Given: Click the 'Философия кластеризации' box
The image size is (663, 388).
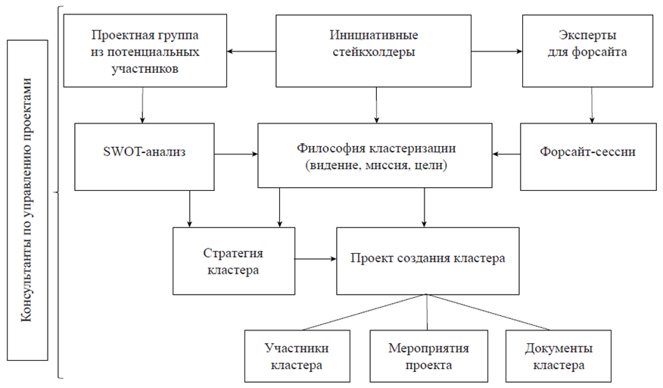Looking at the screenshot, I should [x=375, y=154].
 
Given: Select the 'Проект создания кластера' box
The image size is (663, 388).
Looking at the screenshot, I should [x=428, y=260].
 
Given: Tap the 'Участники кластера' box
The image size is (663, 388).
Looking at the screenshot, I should [x=297, y=355].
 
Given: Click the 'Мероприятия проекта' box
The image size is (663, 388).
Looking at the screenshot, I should [x=428, y=355].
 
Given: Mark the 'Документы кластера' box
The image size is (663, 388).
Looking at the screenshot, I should [x=558, y=355].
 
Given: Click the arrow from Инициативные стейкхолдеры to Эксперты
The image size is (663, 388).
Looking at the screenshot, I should [x=499, y=52].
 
